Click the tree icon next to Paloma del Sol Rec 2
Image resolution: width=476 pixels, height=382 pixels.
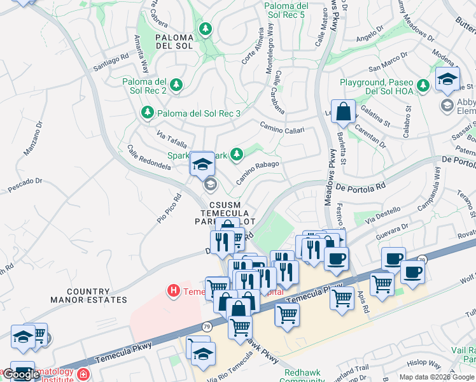(x=176, y=84)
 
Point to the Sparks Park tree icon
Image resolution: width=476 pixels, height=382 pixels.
(x=237, y=153)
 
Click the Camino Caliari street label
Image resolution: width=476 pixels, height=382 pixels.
(x=282, y=129)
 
